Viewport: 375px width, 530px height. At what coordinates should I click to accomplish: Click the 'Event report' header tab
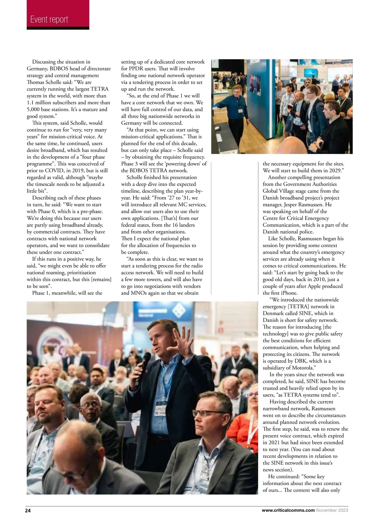[x=49, y=19]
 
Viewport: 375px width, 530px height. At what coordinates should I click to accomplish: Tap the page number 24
[x=28, y=511]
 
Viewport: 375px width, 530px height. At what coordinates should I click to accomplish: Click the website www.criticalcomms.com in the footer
[x=288, y=510]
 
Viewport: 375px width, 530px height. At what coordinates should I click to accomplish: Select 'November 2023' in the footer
[x=332, y=510]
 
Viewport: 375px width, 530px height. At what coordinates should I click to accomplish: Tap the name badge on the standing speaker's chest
[x=161, y=406]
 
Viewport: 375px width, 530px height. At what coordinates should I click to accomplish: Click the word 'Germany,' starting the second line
[x=37, y=69]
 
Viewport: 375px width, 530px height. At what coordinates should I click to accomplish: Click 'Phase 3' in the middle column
[x=131, y=164]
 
